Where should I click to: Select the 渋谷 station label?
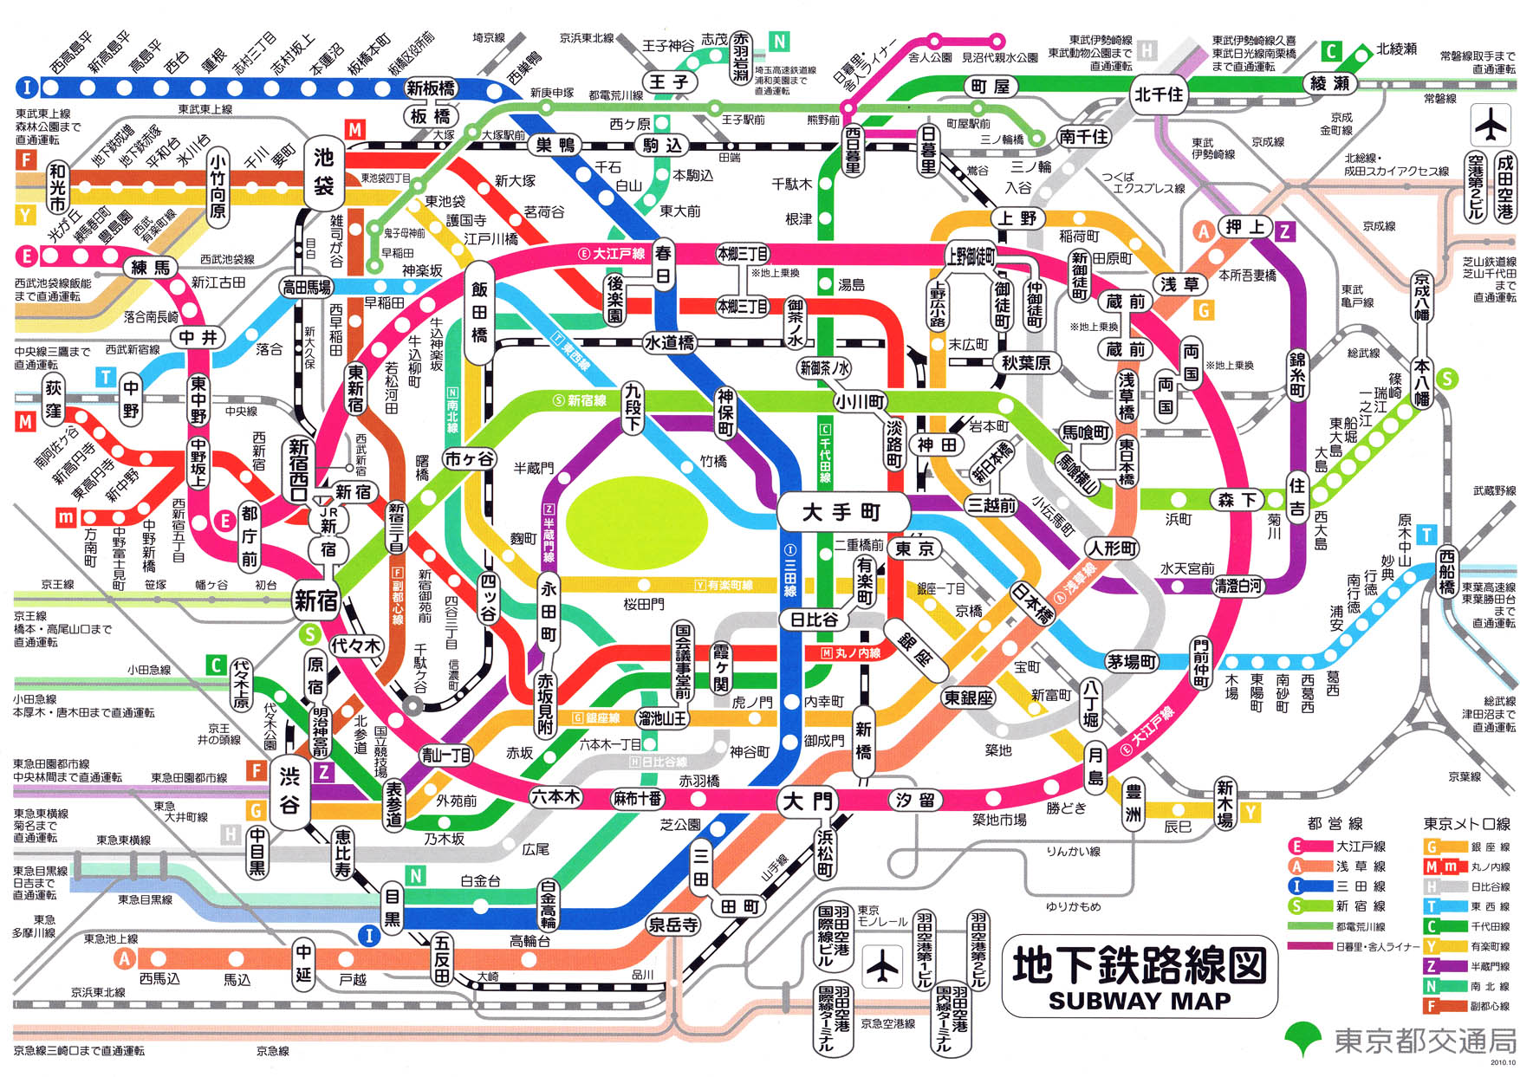pos(289,790)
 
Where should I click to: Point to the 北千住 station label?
pos(1159,94)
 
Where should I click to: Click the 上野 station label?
pos(1017,218)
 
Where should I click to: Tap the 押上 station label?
pos(1245,227)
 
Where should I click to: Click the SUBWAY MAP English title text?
pos(1139,1001)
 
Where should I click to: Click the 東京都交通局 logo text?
pos(1424,1041)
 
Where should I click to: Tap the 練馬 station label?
pos(150,267)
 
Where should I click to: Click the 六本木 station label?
pos(555,797)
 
